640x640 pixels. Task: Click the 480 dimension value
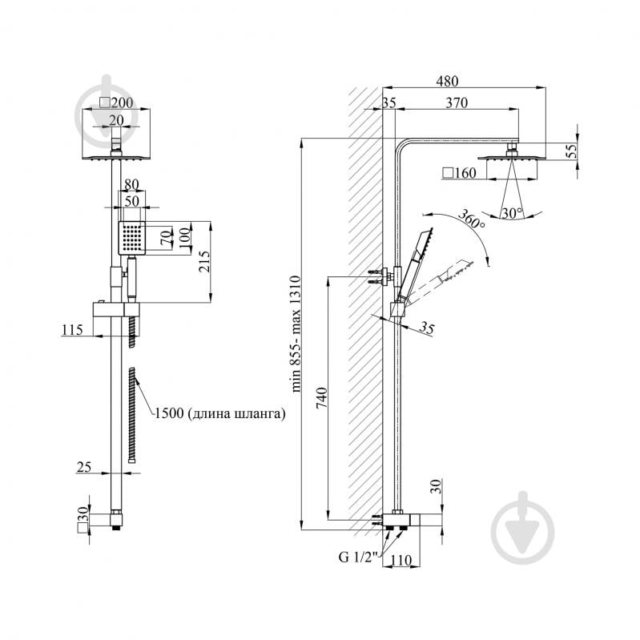(x=447, y=82)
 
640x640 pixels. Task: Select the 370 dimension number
(x=457, y=103)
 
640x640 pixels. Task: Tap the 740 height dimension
(x=322, y=398)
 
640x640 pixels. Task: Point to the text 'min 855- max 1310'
(x=296, y=334)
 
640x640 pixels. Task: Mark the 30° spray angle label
(x=512, y=213)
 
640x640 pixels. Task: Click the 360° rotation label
(x=471, y=219)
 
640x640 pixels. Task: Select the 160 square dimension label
(x=459, y=173)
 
